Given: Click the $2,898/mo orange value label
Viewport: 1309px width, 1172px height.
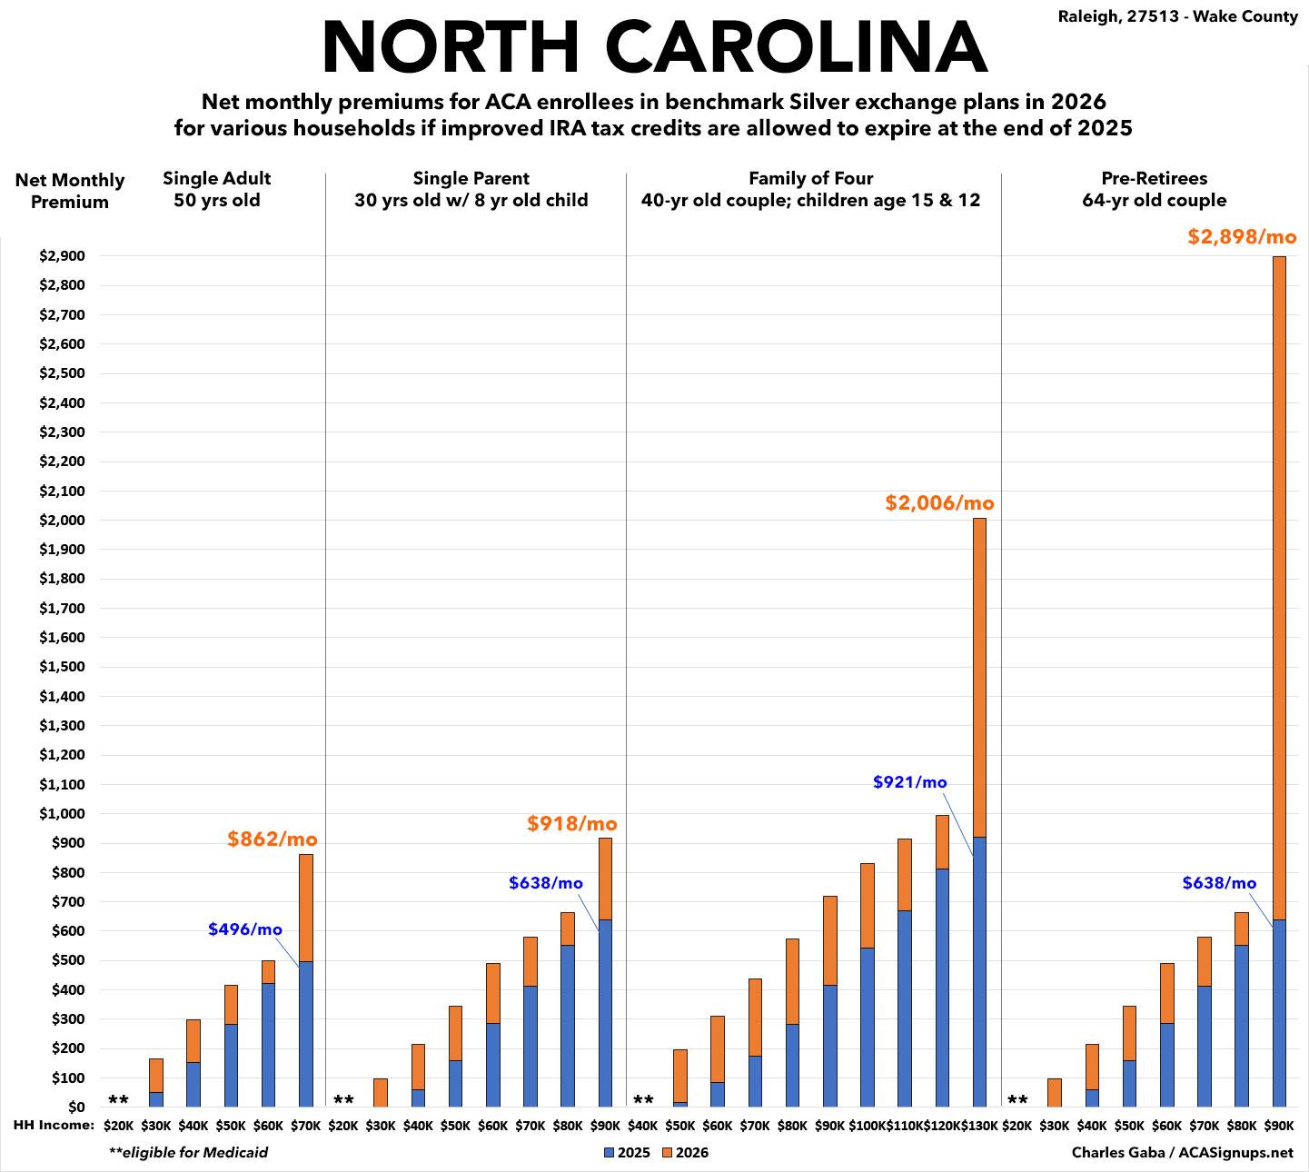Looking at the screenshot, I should click(x=1242, y=237).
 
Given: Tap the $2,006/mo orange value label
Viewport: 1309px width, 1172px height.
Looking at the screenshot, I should click(x=939, y=502).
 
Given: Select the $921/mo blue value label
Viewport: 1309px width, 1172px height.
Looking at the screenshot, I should click(x=909, y=782).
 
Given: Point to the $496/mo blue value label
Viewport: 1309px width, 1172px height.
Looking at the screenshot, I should click(x=245, y=929).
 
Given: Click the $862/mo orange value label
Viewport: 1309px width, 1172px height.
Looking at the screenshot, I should click(x=273, y=839).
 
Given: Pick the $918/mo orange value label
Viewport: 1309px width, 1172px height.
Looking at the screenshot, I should click(x=572, y=824).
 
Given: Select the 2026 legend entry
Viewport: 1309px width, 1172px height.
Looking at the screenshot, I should click(x=685, y=1153).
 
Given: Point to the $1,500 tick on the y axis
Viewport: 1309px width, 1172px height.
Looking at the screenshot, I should click(x=61, y=667).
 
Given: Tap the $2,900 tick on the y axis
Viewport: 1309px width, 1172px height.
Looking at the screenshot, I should click(x=61, y=256).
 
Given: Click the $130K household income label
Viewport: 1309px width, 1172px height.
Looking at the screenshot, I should click(x=979, y=1126).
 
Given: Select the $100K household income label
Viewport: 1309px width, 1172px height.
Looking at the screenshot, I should click(x=867, y=1126).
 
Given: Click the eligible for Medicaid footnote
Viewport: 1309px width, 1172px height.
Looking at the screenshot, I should click(x=188, y=1153).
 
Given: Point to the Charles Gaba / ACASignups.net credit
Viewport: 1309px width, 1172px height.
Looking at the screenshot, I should click(x=1182, y=1153).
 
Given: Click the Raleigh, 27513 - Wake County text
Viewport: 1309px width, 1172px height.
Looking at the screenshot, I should click(x=1178, y=16).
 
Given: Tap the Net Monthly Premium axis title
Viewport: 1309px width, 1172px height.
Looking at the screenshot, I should click(x=70, y=191).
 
